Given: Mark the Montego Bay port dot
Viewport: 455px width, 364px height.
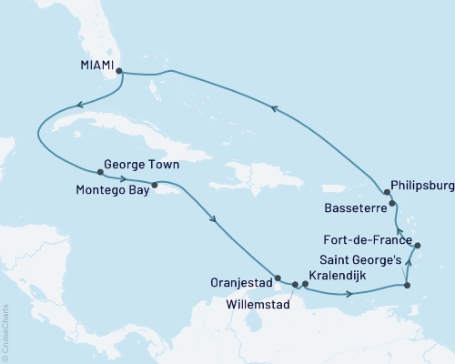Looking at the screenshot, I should [155, 185].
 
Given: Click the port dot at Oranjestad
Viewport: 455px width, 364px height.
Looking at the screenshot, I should [278, 278].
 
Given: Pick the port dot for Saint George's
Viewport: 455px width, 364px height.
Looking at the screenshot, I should [407, 287].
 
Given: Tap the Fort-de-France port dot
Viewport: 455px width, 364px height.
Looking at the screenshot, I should [417, 246].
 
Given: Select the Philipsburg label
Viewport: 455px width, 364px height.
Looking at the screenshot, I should [420, 186].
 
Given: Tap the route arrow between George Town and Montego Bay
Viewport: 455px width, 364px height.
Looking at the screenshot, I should [122, 178].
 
